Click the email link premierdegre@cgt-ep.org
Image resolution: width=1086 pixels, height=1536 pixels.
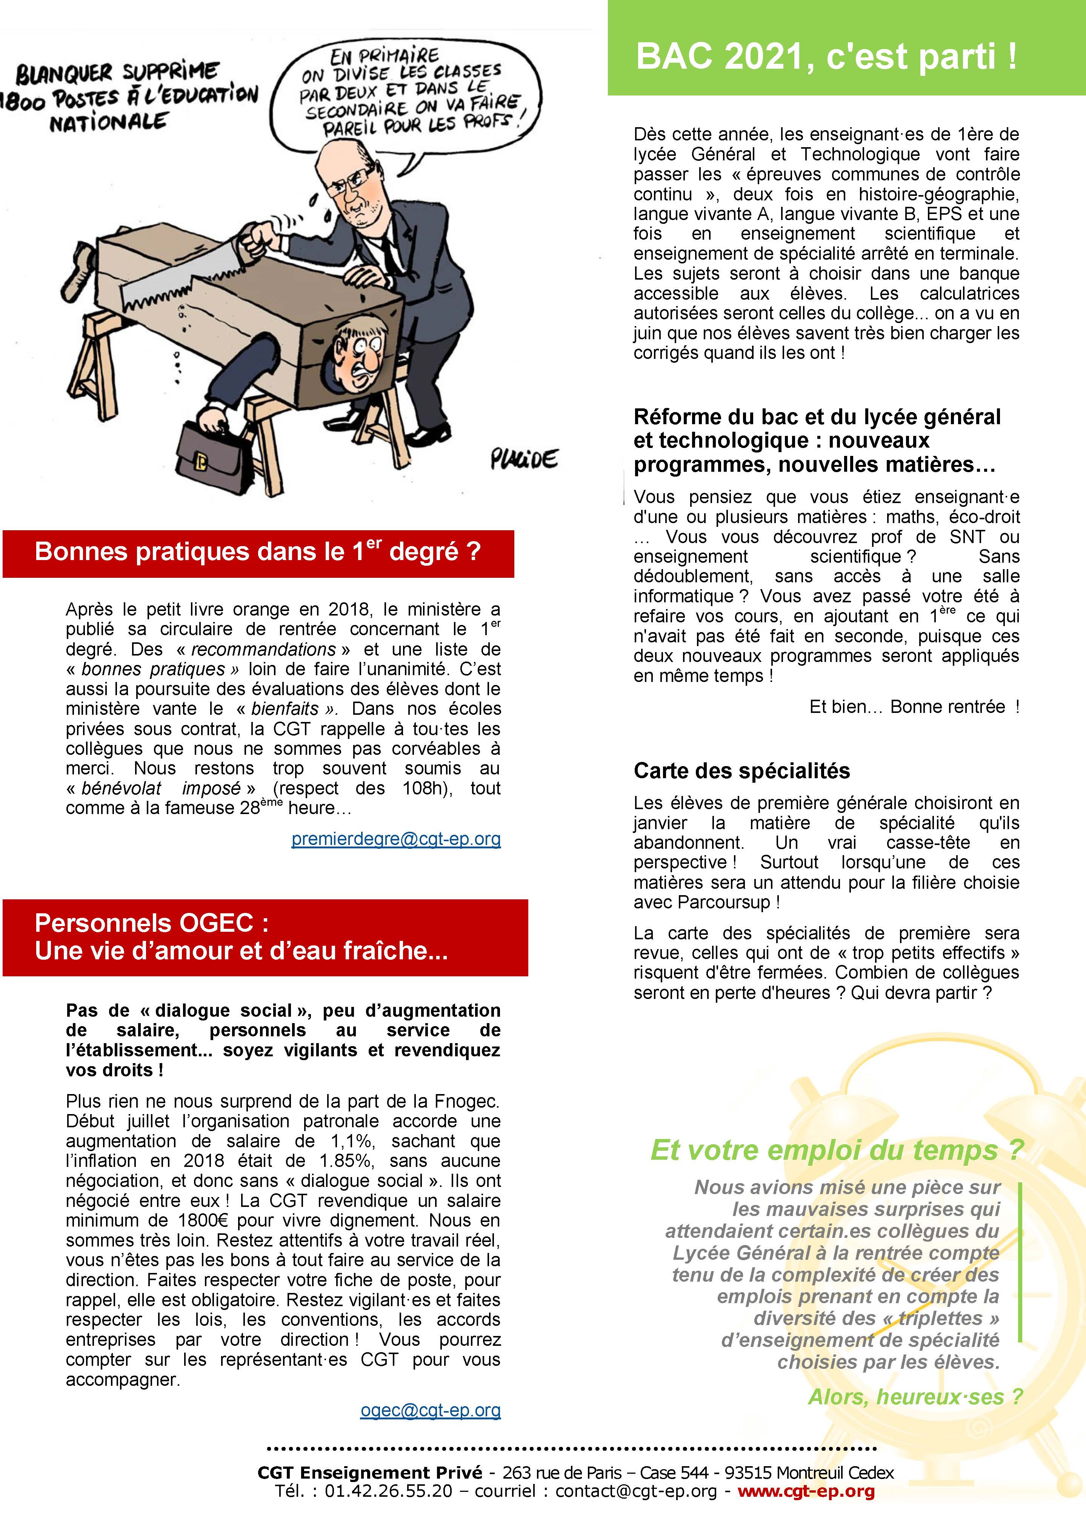[396, 839]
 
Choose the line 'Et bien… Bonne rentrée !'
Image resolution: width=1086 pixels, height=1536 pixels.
[914, 707]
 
